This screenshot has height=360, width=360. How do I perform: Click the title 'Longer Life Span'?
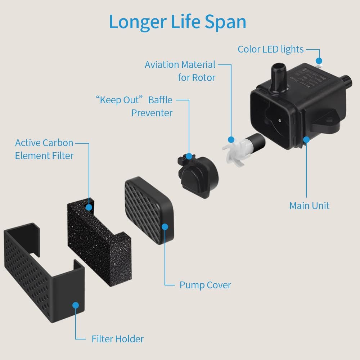coord(177,22)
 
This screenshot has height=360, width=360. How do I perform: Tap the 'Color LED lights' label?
coord(271,49)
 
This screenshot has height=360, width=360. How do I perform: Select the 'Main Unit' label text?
coord(309,206)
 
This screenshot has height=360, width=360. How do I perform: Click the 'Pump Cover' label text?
coord(205,285)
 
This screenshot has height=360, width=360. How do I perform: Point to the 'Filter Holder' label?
coord(117,339)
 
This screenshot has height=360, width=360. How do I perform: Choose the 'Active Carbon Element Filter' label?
coord(44,149)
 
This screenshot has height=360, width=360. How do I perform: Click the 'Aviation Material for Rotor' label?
coord(180,71)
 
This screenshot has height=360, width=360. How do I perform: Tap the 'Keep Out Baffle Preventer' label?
coord(134,106)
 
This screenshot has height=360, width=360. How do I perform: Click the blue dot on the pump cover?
coord(165,227)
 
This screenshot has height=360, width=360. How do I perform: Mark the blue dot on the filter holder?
coord(76,305)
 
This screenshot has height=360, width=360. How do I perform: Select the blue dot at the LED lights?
coord(319,61)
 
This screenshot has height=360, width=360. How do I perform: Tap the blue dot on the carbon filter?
coord(89,207)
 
